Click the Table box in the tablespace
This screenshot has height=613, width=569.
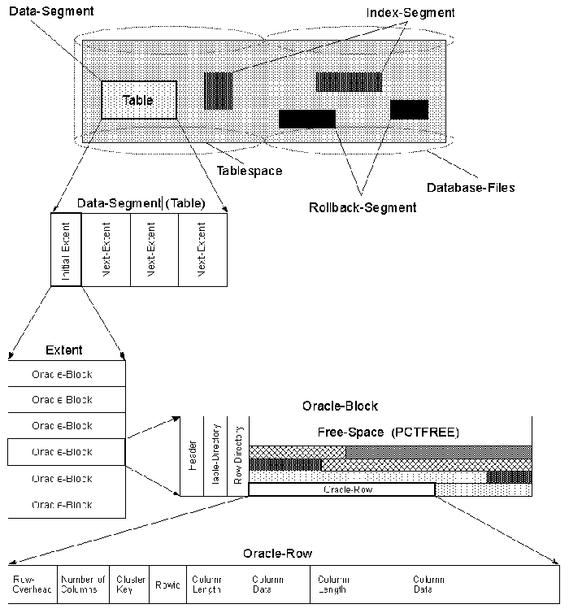click(x=138, y=101)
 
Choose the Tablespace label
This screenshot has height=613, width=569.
click(x=249, y=171)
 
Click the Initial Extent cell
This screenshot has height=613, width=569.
click(x=65, y=249)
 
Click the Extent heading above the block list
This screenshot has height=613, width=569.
click(x=66, y=350)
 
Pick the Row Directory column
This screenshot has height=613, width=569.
click(x=238, y=456)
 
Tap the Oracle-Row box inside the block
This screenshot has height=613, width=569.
click(x=341, y=489)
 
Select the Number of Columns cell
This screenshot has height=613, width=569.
click(x=83, y=584)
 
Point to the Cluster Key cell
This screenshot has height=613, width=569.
click(x=130, y=584)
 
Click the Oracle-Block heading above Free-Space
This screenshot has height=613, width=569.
click(x=340, y=405)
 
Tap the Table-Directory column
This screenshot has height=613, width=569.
click(x=215, y=456)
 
